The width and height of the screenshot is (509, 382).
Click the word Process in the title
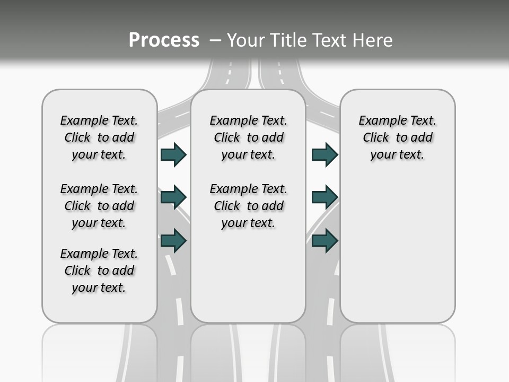click(164, 40)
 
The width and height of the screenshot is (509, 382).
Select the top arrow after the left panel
click(173, 154)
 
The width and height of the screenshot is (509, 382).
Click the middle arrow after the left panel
click(173, 197)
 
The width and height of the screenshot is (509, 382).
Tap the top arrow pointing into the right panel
click(324, 154)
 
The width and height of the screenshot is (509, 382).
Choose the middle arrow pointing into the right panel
click(324, 197)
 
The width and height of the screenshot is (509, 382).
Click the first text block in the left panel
click(99, 137)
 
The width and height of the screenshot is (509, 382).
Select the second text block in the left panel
click(99, 206)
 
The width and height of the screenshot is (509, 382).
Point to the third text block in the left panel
click(99, 271)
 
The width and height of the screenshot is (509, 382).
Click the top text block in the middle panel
click(248, 137)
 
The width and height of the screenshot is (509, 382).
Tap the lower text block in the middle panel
click(248, 206)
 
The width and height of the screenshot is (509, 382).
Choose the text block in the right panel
click(397, 137)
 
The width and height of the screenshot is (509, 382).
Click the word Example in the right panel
click(378, 120)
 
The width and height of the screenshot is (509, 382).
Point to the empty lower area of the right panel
click(397, 249)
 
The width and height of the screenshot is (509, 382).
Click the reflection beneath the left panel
click(100, 350)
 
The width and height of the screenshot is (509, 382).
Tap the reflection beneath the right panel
click(397, 350)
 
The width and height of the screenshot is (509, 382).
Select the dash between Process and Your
click(215, 40)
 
